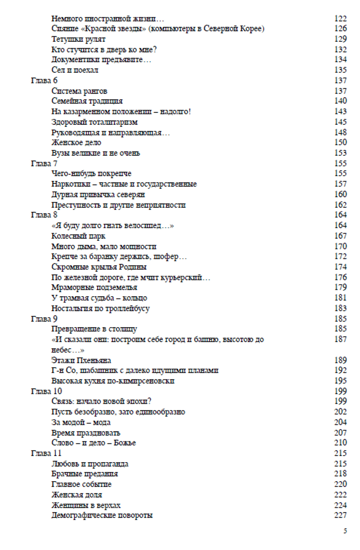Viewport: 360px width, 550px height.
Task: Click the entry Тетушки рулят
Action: (x=78, y=39)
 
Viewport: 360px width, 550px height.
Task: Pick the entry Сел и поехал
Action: (x=75, y=70)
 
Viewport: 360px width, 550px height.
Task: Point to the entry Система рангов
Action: (x=79, y=91)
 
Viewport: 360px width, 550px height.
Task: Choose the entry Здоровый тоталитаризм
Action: (x=94, y=122)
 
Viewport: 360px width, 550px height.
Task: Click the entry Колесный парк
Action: (x=79, y=236)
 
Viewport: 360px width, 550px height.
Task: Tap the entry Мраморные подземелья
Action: (x=94, y=288)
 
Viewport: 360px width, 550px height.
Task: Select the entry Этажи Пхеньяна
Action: (x=81, y=360)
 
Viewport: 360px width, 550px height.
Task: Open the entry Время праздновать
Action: (x=86, y=433)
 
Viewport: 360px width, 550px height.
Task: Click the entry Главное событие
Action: (x=81, y=484)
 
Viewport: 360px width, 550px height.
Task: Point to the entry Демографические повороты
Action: (x=102, y=515)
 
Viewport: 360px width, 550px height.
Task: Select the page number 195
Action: (x=341, y=381)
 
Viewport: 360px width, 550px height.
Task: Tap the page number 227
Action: (x=341, y=515)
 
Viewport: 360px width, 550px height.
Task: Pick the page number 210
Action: (x=341, y=443)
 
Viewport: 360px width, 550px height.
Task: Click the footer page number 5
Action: (x=345, y=531)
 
